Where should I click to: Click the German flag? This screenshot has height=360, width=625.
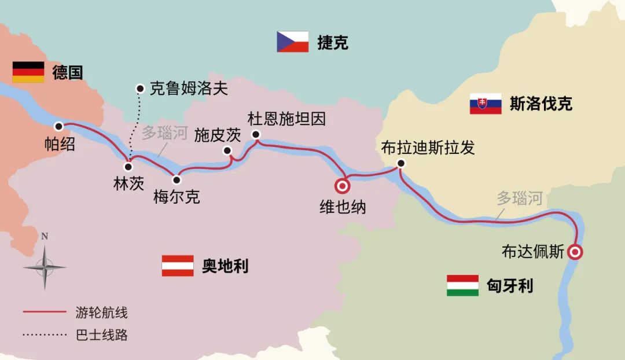pyautogui.click(x=28, y=72)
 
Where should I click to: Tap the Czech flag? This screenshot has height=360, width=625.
pyautogui.click(x=292, y=42)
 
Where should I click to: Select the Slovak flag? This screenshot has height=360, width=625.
pyautogui.click(x=485, y=104)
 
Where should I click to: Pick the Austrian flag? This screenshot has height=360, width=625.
pyautogui.click(x=178, y=266)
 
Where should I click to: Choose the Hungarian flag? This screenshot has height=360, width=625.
pyautogui.click(x=462, y=285)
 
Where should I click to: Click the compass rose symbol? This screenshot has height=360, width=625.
pyautogui.click(x=45, y=267)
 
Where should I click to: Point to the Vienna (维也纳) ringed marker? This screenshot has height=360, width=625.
pyautogui.click(x=342, y=186)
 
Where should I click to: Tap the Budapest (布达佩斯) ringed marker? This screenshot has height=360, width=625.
pyautogui.click(x=575, y=252)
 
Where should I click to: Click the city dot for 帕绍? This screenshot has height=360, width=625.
pyautogui.click(x=58, y=126)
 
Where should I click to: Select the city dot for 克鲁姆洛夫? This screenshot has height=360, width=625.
pyautogui.click(x=139, y=89)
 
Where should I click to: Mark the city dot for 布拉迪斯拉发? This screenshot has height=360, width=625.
pyautogui.click(x=400, y=163)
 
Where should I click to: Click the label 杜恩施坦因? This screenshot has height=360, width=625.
pyautogui.click(x=286, y=119)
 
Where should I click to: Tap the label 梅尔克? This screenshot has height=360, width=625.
pyautogui.click(x=177, y=197)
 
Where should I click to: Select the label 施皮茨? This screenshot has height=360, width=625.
pyautogui.click(x=217, y=135)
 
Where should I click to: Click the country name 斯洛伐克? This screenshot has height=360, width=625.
pyautogui.click(x=541, y=104)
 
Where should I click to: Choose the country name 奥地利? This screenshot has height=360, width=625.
pyautogui.click(x=225, y=266)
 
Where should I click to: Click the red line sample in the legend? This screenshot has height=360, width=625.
pyautogui.click(x=45, y=313)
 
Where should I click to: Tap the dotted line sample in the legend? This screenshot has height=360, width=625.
pyautogui.click(x=45, y=335)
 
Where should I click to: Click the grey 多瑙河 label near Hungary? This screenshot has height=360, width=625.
pyautogui.click(x=520, y=199)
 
